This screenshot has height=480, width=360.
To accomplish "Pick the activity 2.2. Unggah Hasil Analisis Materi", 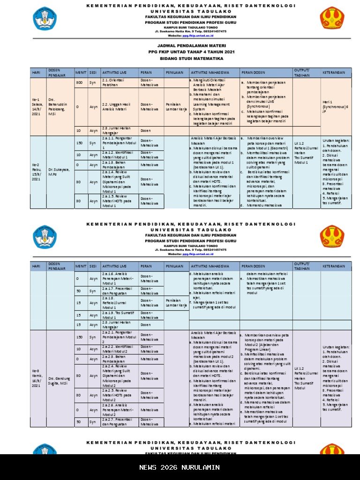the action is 118,106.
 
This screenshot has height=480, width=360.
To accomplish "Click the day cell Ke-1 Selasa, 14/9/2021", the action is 37,107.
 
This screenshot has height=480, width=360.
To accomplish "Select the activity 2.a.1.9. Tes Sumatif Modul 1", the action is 118,315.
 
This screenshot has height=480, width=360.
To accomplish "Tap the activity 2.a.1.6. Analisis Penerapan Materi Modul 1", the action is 118,278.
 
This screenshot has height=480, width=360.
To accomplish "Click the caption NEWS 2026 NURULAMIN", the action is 180,467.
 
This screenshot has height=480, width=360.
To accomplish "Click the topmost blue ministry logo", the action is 45,18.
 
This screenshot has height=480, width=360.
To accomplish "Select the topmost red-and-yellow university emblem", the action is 332,18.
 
